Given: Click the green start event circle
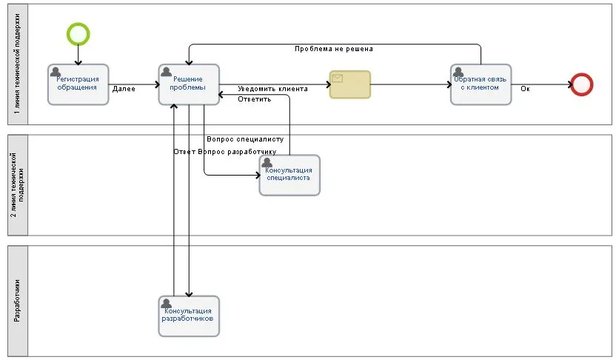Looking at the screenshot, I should tap(78, 33).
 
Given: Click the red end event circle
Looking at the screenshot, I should tap(582, 84).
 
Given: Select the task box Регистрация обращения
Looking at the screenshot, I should tap(78, 84).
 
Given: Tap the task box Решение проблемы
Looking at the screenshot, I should tap(189, 84).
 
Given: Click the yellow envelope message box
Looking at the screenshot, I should tap(350, 84).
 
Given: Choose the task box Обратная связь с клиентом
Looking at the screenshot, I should tap(481, 84).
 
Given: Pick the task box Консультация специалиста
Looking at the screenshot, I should tap(289, 175).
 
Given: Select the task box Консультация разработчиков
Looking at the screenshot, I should tap(189, 316).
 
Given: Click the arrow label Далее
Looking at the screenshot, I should tap(124, 89).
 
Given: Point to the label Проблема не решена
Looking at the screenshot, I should tap(333, 49).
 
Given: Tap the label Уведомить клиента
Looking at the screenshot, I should tap(273, 89).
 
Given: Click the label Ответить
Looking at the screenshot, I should tap(254, 99).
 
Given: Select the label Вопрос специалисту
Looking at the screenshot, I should tap(245, 139).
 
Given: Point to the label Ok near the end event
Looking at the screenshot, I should tap(525, 89).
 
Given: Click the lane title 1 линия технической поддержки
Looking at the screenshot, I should tap(17, 64).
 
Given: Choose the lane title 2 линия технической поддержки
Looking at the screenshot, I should tap(17, 184).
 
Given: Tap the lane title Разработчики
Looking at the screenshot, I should tap(17, 301).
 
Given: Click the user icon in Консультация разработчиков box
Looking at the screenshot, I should tap(166, 303).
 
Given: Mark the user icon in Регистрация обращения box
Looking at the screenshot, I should tap(55, 72).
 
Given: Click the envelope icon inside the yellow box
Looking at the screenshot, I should tap(338, 78).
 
